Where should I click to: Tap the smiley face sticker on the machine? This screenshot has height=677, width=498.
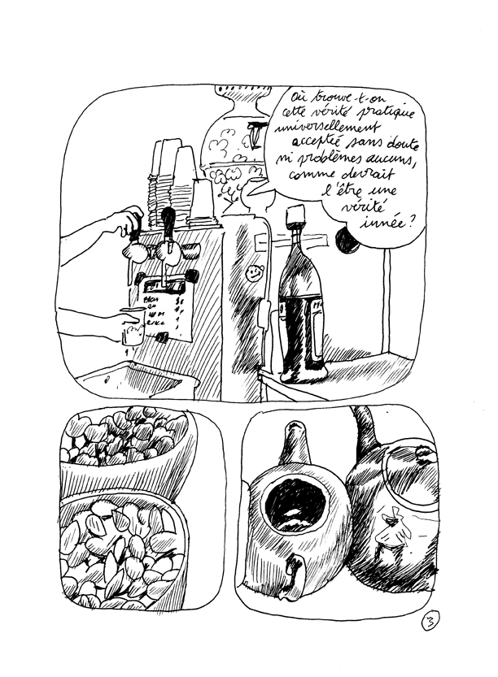255,272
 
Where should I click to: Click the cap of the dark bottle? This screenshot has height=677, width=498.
295,215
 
